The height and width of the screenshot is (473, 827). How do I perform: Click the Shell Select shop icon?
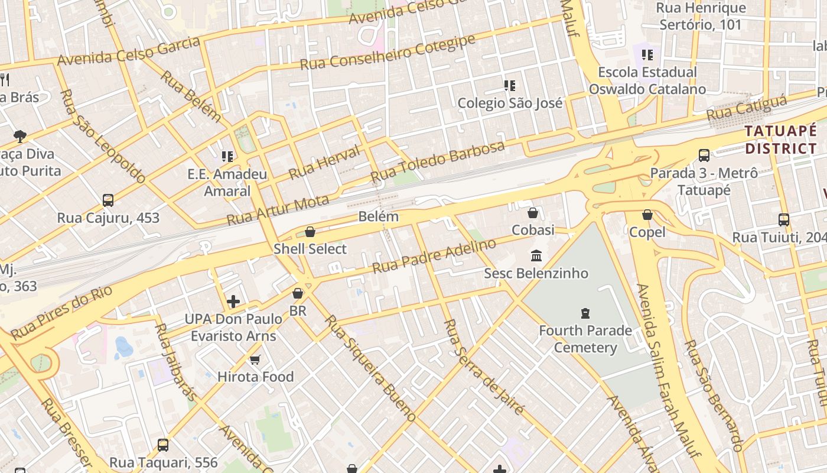click(x=310, y=232)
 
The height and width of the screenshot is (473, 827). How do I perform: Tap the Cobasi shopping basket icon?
click(x=533, y=213)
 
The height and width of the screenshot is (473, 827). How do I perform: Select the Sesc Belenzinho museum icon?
click(x=536, y=256)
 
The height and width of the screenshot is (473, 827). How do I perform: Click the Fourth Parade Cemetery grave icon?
click(x=585, y=313)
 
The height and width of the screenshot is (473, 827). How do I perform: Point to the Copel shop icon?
click(x=647, y=215)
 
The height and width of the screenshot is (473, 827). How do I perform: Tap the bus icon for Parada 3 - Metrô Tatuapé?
click(x=704, y=155)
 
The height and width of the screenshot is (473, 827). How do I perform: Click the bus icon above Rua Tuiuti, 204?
click(x=783, y=220)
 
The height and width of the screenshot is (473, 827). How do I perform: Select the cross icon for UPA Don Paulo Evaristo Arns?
click(x=233, y=302)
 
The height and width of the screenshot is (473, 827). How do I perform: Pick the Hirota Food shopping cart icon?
click(x=255, y=359)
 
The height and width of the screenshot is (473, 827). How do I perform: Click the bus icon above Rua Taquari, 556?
click(x=163, y=445)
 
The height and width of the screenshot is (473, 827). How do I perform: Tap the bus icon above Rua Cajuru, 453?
click(x=108, y=200)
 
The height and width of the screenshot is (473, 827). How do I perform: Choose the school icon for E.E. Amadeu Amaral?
click(x=227, y=157)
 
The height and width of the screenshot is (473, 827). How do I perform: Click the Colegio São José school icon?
click(x=510, y=86)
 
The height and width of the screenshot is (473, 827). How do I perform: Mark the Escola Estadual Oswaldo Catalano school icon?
click(x=647, y=55)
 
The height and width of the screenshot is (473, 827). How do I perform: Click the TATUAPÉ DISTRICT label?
click(x=780, y=140)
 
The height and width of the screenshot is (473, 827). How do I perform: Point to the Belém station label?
click(x=379, y=217)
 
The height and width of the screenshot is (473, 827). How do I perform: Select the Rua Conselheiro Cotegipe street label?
click(x=388, y=53)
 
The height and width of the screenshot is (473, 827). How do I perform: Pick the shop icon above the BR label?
click(x=298, y=293)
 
